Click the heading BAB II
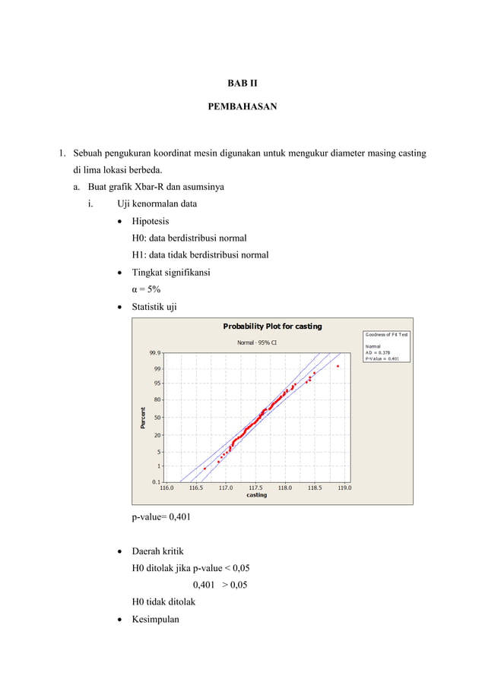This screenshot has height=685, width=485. point(242,83)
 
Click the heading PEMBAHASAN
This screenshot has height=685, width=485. point(242,107)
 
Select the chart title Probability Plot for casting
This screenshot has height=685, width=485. point(272,327)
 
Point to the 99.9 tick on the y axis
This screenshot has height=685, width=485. point(154,353)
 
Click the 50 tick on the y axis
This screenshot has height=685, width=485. point(157,417)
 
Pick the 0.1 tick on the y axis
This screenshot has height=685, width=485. point(156,481)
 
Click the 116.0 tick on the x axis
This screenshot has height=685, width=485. point(166,488)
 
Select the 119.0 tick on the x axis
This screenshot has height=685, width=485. point(344,488)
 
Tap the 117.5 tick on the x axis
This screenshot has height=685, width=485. point(255,488)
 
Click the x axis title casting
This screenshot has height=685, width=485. point(256,495)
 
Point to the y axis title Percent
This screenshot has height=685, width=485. point(142,417)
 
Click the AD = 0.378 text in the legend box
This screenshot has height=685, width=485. point(378,352)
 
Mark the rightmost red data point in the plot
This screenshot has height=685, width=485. point(338,366)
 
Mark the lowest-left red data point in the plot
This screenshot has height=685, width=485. point(204,469)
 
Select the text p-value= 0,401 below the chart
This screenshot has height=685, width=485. point(161,517)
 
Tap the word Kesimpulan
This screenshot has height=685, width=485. point(155,619)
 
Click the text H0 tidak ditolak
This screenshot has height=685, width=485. point(163,601)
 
